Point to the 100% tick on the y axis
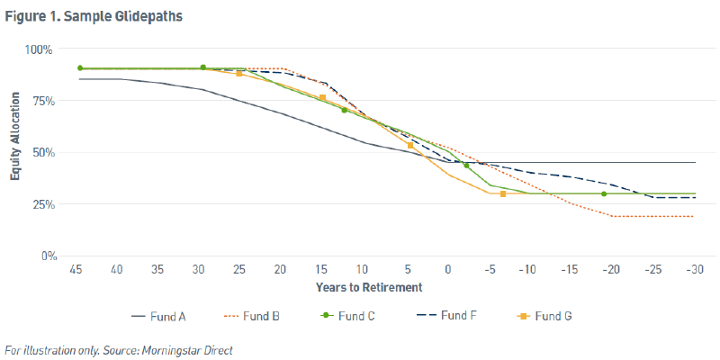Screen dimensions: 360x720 click(42, 49)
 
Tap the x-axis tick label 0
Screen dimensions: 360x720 click(447, 270)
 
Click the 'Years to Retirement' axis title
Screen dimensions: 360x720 click(369, 287)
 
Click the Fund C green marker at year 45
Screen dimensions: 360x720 click(80, 68)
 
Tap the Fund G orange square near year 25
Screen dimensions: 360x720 click(239, 74)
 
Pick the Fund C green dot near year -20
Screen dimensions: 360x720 click(604, 193)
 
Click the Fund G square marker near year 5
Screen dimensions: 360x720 click(410, 145)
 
